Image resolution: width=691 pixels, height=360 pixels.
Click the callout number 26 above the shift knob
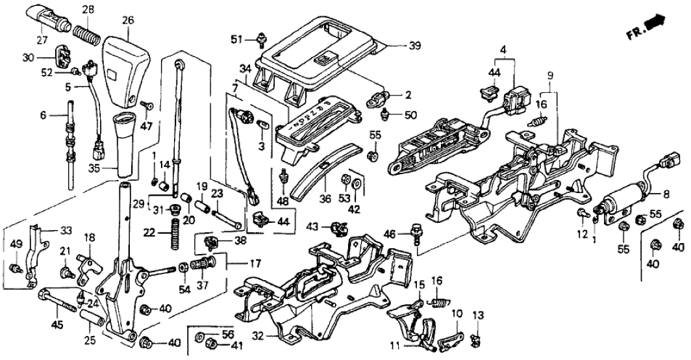127,21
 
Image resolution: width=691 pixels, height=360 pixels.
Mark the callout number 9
551,75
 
